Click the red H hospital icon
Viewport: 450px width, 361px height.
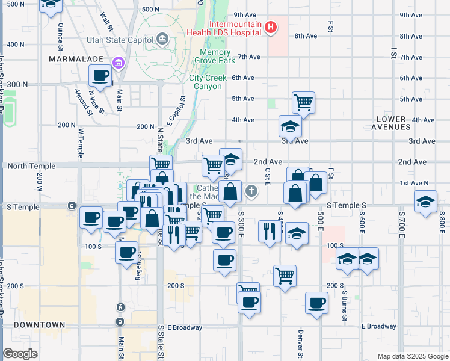(271, 27)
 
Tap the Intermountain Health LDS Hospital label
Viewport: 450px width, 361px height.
(235, 28)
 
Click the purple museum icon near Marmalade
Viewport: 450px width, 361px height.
(118, 63)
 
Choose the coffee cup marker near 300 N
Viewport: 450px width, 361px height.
(100, 76)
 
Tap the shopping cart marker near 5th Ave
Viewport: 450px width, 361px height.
(304, 102)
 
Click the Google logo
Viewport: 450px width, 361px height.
(20, 353)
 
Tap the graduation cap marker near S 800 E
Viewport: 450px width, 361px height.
(425, 203)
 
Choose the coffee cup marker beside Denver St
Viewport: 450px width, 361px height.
(316, 303)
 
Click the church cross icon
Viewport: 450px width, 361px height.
(251, 192)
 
